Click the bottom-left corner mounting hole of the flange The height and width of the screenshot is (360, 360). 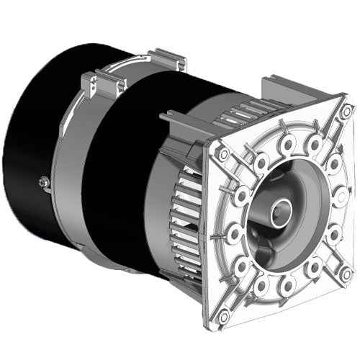[224, 314]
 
